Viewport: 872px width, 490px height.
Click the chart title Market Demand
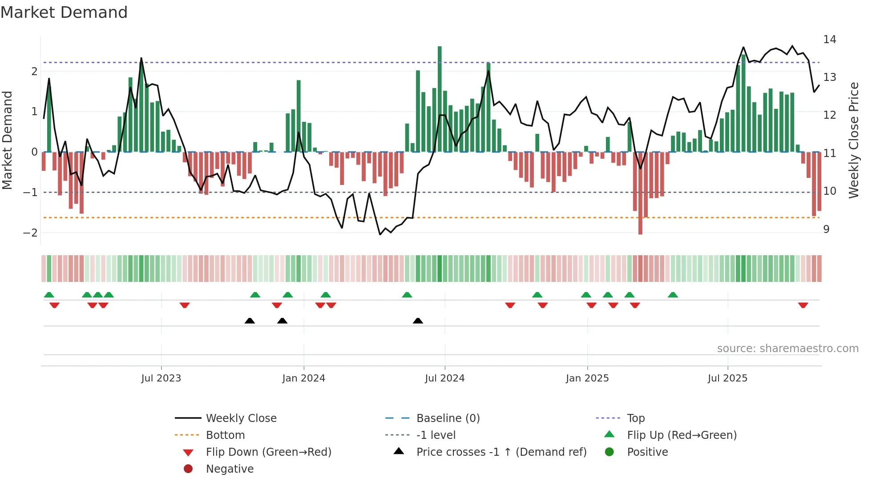64,12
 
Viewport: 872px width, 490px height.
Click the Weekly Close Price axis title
853,140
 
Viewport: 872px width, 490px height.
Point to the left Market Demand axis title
7,140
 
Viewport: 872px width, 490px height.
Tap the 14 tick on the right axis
829,40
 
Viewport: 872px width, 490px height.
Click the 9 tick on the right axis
826,229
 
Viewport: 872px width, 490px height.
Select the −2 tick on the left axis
30,233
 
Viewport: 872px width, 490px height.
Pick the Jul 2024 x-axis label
444,378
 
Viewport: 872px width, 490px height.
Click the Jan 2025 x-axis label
587,378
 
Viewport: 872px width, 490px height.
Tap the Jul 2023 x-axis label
161,378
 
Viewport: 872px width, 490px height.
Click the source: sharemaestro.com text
787,349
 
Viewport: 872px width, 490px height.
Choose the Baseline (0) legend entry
448,418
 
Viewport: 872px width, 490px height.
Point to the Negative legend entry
230,469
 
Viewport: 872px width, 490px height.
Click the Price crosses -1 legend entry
501,452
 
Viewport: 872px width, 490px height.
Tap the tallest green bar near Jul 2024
440,98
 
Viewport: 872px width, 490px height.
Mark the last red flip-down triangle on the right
803,305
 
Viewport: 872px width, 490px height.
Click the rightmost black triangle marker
418,321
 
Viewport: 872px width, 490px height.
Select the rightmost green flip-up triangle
673,295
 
